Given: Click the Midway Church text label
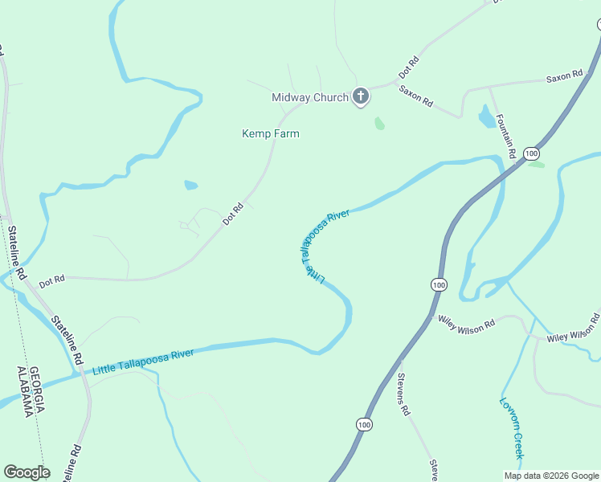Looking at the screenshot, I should (309, 98).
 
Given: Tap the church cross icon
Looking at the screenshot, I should (361, 97).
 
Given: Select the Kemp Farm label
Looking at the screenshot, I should (271, 133).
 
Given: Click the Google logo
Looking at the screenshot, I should (27, 472).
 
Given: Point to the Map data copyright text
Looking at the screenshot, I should (550, 476).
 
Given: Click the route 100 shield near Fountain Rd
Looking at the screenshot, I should (531, 153).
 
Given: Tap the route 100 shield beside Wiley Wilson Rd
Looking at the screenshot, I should (438, 285).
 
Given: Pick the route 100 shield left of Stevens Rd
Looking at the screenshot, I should (365, 424).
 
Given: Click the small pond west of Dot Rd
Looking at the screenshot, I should (190, 185).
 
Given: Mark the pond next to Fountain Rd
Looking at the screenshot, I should (487, 117).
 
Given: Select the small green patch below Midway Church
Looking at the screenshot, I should (379, 124).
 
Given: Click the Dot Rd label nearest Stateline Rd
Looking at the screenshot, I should (51, 280).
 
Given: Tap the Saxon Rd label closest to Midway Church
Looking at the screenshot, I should (416, 97).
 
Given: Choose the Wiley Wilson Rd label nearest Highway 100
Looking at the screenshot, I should (466, 321).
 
